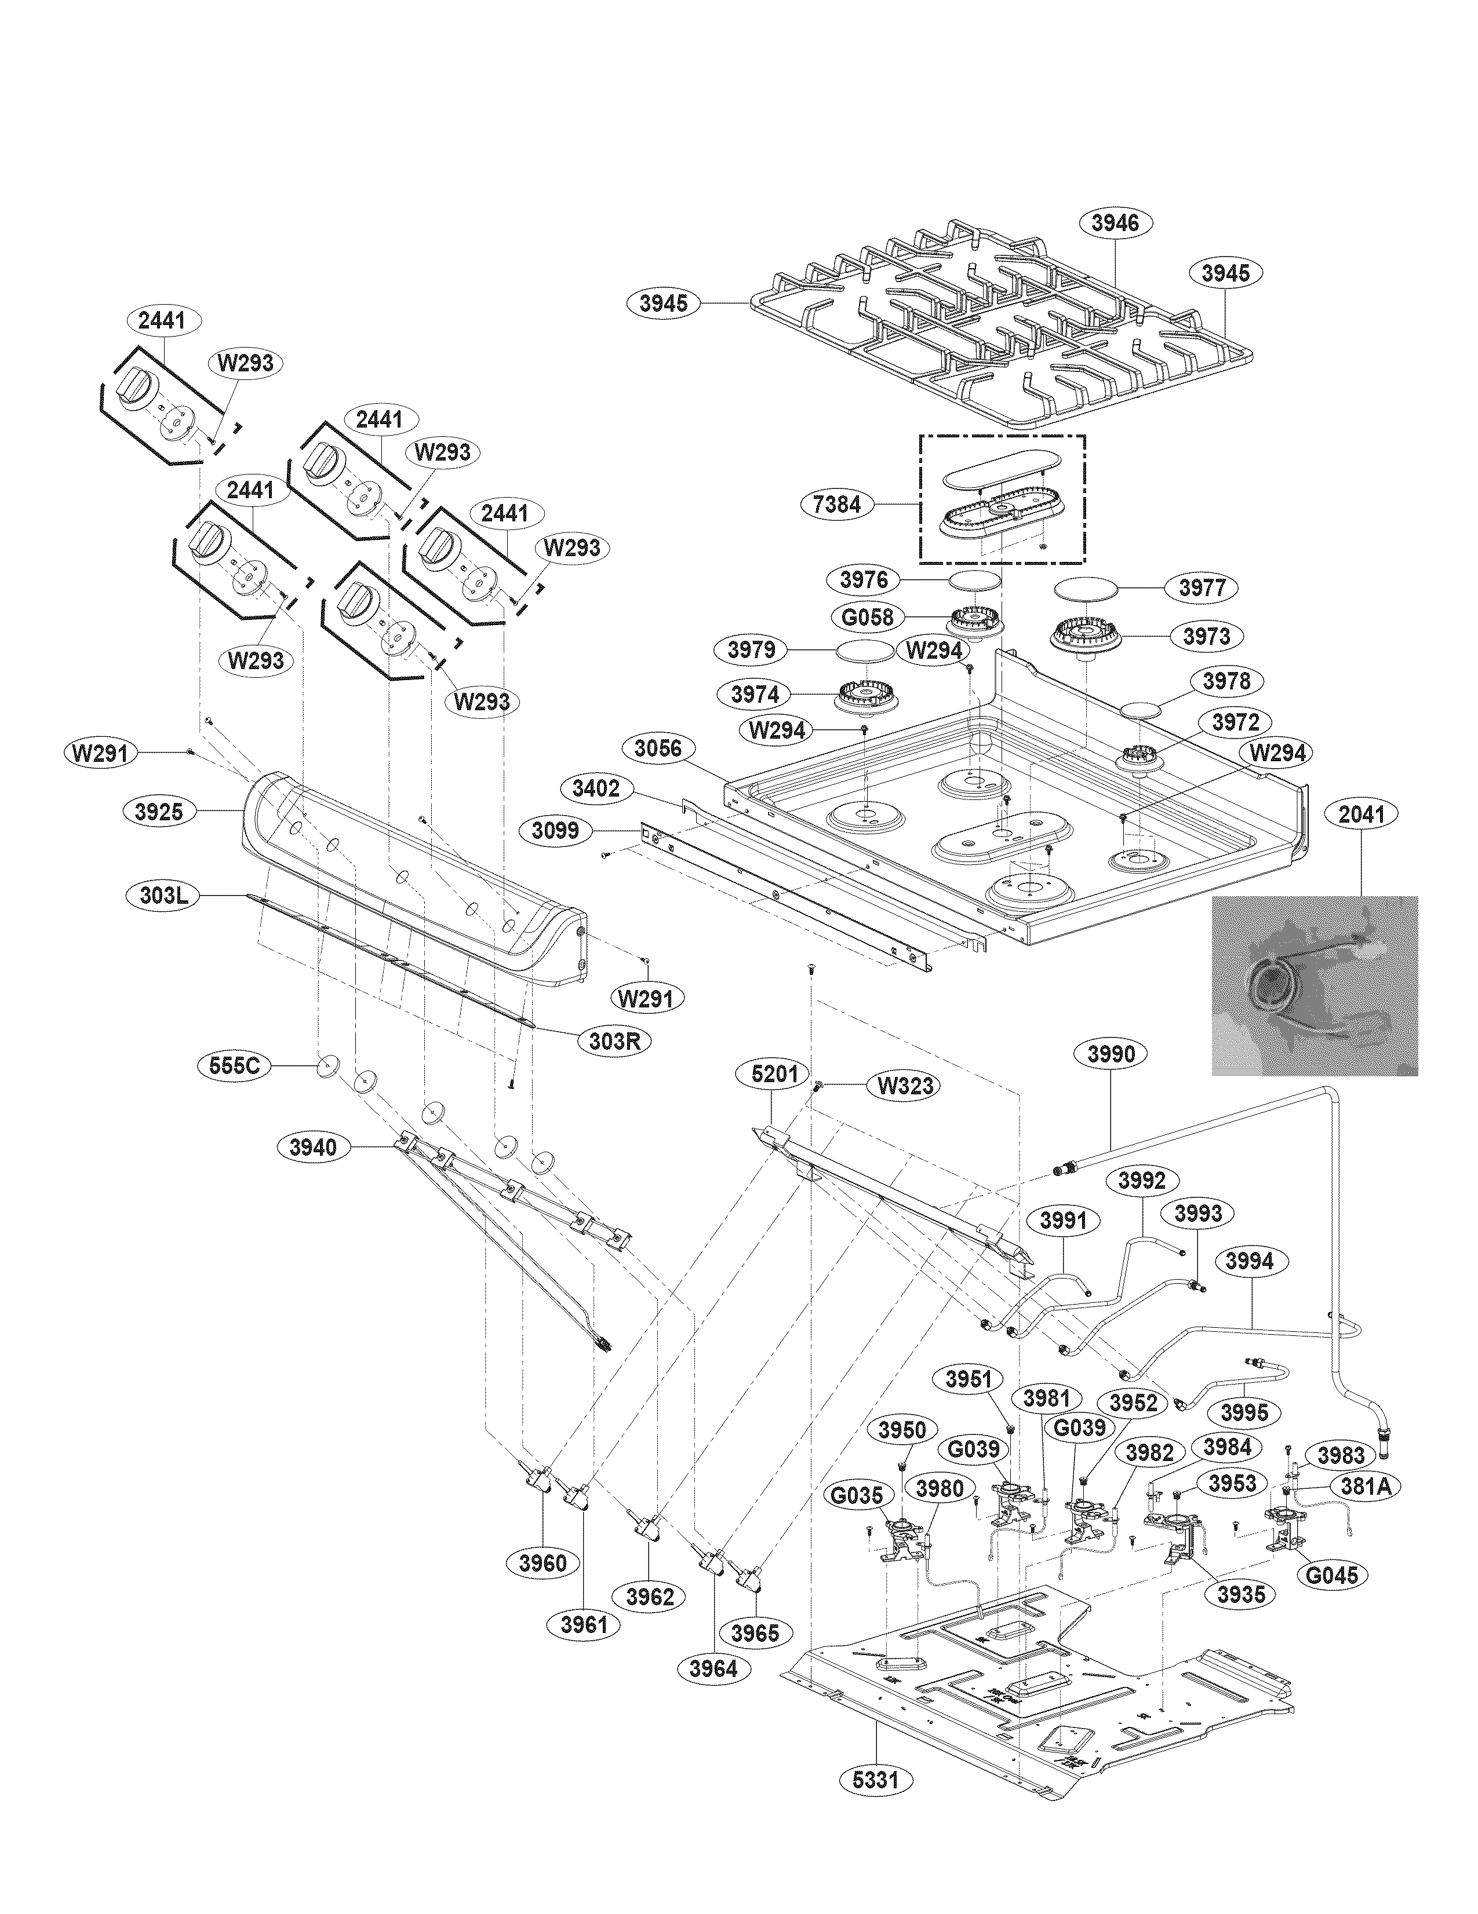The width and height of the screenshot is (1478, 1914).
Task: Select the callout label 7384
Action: pyautogui.click(x=837, y=504)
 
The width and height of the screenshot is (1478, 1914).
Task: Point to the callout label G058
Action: pyautogui.click(x=867, y=617)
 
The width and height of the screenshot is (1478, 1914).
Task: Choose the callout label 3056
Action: pyautogui.click(x=657, y=748)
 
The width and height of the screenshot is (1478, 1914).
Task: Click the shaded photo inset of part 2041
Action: pyautogui.click(x=1314, y=985)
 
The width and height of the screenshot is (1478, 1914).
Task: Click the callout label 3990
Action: pyautogui.click(x=1111, y=1054)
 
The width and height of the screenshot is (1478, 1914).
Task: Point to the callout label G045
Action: pyautogui.click(x=1331, y=1575)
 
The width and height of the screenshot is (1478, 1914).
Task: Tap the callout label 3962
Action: pyautogui.click(x=650, y=1597)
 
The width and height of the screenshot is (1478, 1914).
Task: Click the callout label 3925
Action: pyautogui.click(x=159, y=812)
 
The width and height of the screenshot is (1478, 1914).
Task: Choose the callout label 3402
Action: pyautogui.click(x=595, y=789)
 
